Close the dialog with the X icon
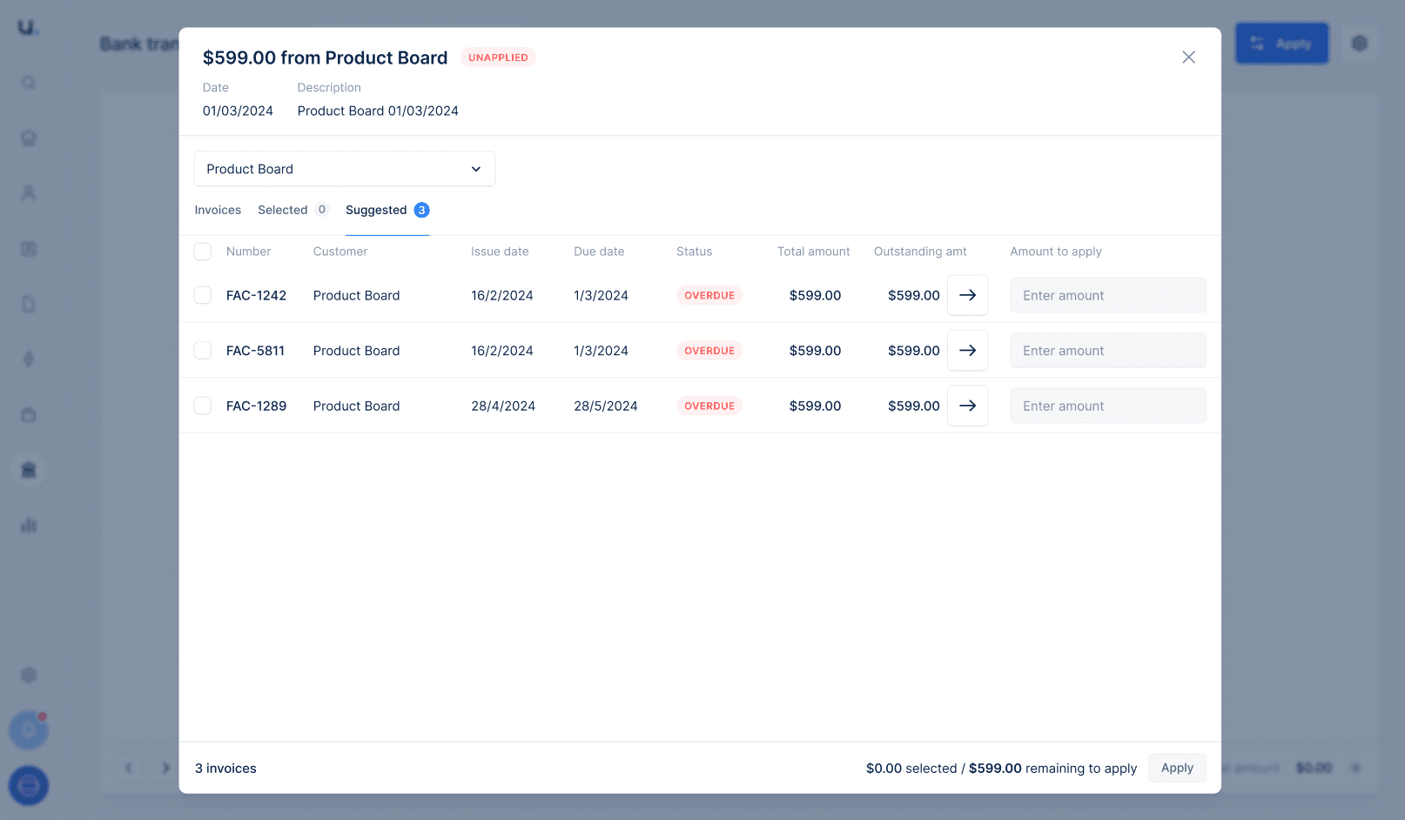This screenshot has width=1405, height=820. point(1188,57)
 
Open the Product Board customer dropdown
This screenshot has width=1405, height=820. point(344,169)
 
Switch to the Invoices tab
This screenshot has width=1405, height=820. point(218,210)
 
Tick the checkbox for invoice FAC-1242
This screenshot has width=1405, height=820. point(203,295)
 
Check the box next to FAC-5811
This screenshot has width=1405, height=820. point(203,351)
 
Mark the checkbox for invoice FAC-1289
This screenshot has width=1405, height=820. point(203,406)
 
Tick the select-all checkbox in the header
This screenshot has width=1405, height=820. point(203,252)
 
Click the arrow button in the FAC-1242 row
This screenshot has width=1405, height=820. point(967,295)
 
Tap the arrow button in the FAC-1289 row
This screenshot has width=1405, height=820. point(967,406)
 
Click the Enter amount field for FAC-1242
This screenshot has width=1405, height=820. point(1107,295)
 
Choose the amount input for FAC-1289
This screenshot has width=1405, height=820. point(1107,406)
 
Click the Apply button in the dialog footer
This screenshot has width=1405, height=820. point(1177,768)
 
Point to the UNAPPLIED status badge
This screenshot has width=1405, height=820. point(498,57)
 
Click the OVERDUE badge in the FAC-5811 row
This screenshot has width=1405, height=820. point(709,351)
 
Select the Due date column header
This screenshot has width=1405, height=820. point(599,252)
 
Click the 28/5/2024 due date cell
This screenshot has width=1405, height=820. point(606,406)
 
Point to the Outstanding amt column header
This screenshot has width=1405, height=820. point(920,252)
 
